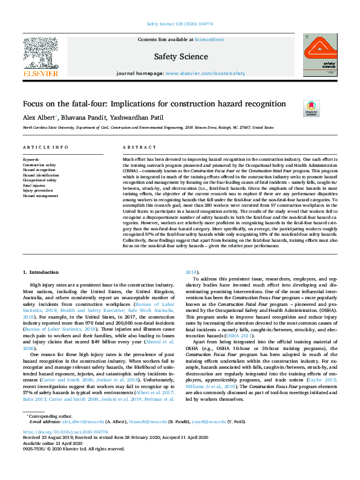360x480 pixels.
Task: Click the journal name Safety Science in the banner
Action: click(x=180, y=57)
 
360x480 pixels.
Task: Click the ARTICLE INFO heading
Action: click(x=45, y=148)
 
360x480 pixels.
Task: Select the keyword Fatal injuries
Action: click(x=34, y=185)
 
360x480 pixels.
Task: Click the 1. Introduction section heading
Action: click(x=41, y=272)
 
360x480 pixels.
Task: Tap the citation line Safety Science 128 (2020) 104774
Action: click(x=180, y=25)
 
